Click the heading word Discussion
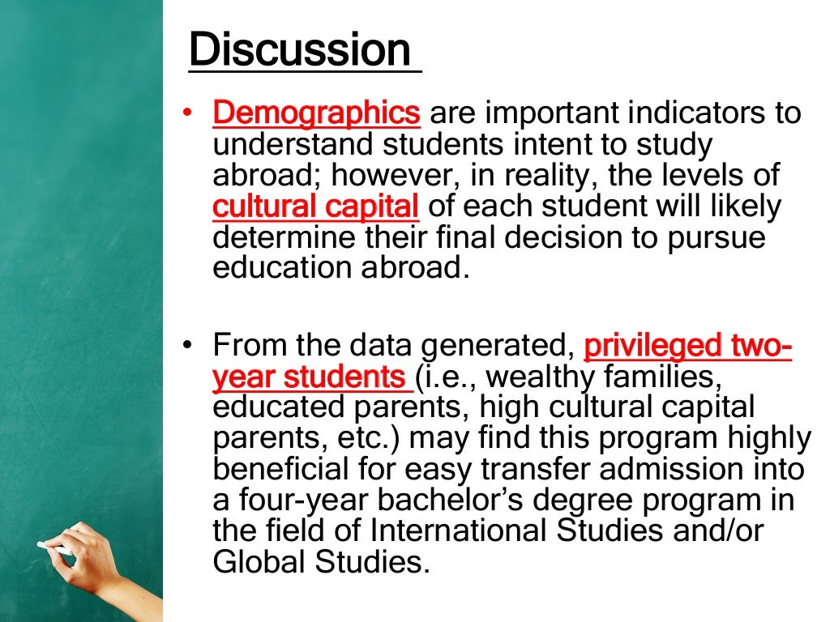pos(300,50)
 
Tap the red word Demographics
pos(316,113)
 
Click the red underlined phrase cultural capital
pos(316,207)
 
